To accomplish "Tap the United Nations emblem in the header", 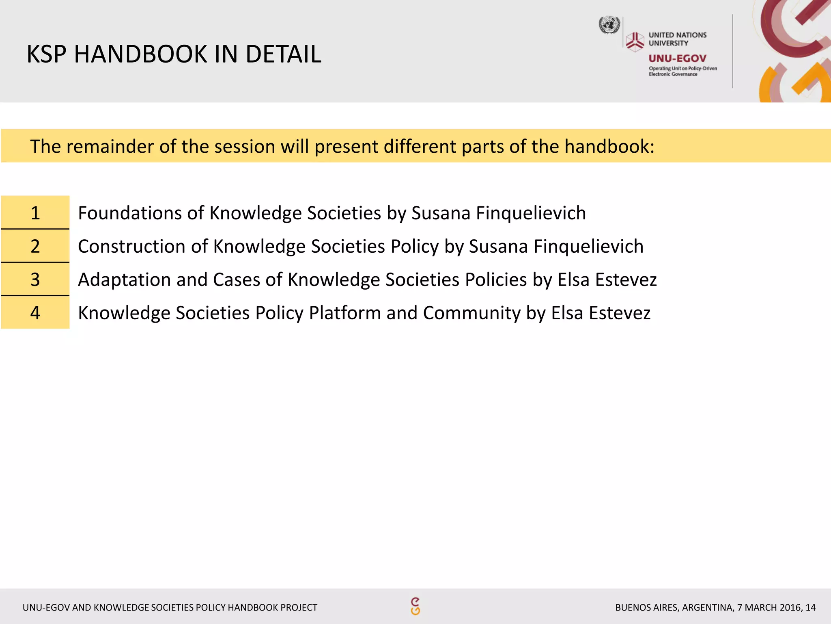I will (x=609, y=25).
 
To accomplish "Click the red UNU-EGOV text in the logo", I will (x=677, y=58).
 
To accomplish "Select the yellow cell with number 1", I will (x=35, y=212).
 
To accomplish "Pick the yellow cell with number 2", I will (x=35, y=246).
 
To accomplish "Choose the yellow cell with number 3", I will (x=35, y=279).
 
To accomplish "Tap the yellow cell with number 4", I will (x=35, y=312).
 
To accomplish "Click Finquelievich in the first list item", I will (x=531, y=213).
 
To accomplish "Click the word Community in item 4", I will (x=471, y=313).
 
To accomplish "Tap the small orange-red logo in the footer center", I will (x=415, y=606).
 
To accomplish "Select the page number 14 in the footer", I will (x=810, y=607).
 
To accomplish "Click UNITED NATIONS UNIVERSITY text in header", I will (x=677, y=39).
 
